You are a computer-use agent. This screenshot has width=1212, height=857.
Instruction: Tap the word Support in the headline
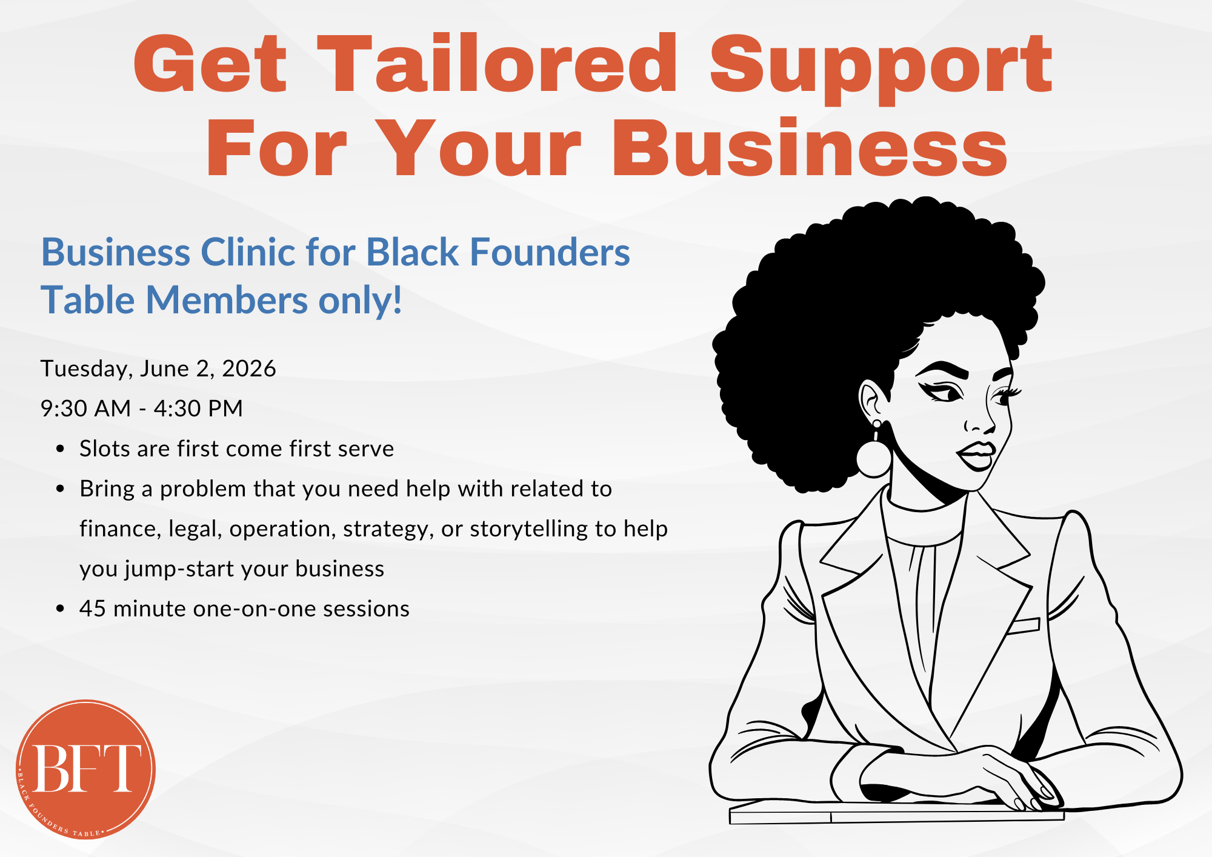(881, 65)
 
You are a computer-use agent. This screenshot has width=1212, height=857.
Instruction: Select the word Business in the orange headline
(810, 148)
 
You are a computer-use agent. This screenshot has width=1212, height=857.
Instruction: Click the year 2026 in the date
(249, 368)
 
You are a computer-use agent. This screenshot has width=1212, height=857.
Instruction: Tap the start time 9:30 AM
(85, 408)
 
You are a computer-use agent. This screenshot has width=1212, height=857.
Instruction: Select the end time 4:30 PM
(198, 408)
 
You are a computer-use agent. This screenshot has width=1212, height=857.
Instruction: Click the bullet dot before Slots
(59, 449)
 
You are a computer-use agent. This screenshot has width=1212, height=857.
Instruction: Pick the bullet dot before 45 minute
(59, 609)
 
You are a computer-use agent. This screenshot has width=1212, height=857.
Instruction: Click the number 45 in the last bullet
(93, 609)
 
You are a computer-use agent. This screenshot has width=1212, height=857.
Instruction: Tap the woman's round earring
(874, 458)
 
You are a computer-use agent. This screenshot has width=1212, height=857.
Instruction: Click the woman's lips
(977, 455)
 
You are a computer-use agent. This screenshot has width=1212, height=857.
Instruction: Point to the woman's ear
(873, 400)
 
